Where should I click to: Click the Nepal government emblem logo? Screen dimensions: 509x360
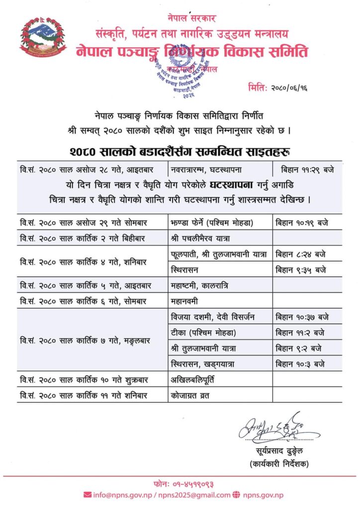coord(43,36)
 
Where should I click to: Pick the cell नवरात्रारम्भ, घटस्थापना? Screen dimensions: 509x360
coord(205,169)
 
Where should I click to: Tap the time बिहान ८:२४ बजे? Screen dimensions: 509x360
coord(301,254)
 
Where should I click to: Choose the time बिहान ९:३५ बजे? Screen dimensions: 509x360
coord(301,270)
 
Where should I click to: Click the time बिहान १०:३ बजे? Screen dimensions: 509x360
coord(300,364)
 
